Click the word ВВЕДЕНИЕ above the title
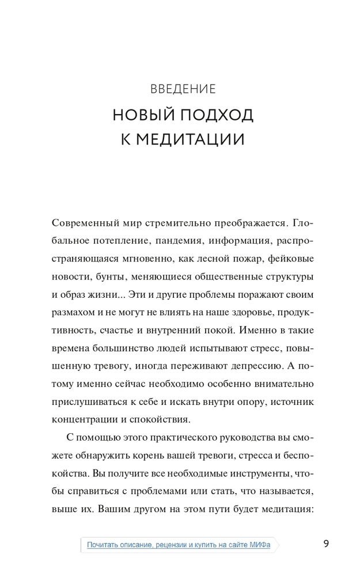(183, 89)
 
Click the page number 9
(326, 543)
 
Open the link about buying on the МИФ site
(179, 544)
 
